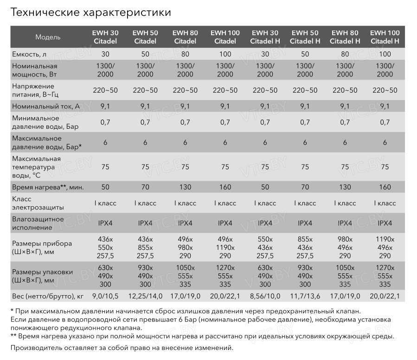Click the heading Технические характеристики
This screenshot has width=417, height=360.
point(90,13)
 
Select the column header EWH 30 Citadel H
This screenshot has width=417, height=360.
point(265,37)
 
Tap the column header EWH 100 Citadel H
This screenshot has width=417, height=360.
point(385,37)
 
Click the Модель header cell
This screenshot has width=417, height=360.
point(48,37)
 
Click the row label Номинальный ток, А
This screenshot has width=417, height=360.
point(45,106)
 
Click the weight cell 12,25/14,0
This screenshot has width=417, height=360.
point(145,296)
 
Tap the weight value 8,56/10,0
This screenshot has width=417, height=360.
point(265,296)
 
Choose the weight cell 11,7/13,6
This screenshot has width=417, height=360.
point(305,296)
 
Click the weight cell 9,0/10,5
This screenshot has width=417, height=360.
point(105,296)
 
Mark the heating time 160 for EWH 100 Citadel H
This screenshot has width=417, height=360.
point(385,187)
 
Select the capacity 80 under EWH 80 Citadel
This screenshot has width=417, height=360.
point(185,54)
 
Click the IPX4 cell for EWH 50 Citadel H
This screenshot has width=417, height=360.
point(305,223)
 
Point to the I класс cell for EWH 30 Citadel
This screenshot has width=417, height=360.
point(105,203)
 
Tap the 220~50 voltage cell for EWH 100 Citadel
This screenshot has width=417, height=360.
point(225,90)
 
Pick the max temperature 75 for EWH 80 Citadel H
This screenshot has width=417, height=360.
point(345,167)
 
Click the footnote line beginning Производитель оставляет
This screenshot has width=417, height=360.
point(121,347)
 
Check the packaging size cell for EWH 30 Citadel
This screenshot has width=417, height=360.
point(105,276)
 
